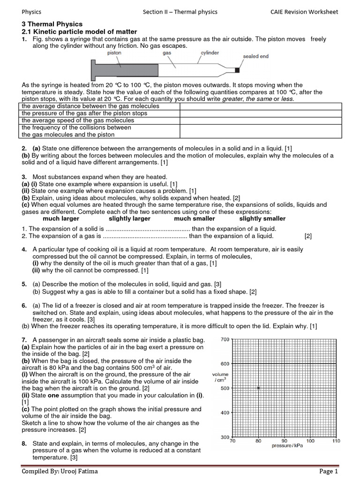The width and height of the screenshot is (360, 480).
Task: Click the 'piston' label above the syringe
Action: pos(113,53)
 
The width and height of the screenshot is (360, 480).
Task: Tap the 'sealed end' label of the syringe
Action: pos(255,56)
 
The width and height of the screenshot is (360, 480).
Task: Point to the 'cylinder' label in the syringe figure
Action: pos(210,53)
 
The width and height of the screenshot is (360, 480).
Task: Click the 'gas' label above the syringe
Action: pos(167,53)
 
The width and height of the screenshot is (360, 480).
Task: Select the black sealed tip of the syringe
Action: pos(237,70)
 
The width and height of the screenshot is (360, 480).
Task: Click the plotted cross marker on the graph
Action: pos(258,388)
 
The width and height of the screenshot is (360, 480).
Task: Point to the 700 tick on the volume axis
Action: pos(225,339)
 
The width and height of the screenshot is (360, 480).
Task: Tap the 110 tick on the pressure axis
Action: pos(336,441)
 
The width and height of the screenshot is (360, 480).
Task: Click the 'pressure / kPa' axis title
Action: pos(287,446)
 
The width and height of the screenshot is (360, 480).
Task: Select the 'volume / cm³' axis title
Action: pos(220,377)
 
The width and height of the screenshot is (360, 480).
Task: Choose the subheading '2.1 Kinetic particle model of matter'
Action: pos(79,31)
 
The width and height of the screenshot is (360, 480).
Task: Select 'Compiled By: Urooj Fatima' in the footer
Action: pos(60,471)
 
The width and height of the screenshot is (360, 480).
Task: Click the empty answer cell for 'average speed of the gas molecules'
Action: pos(261,120)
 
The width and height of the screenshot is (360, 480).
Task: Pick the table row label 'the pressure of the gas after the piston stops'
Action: pos(84,113)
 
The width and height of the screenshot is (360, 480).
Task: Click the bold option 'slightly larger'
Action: pos(129,218)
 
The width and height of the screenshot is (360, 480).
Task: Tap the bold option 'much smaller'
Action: pos(195,218)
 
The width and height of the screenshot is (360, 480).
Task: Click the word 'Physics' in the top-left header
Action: pos(31,12)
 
